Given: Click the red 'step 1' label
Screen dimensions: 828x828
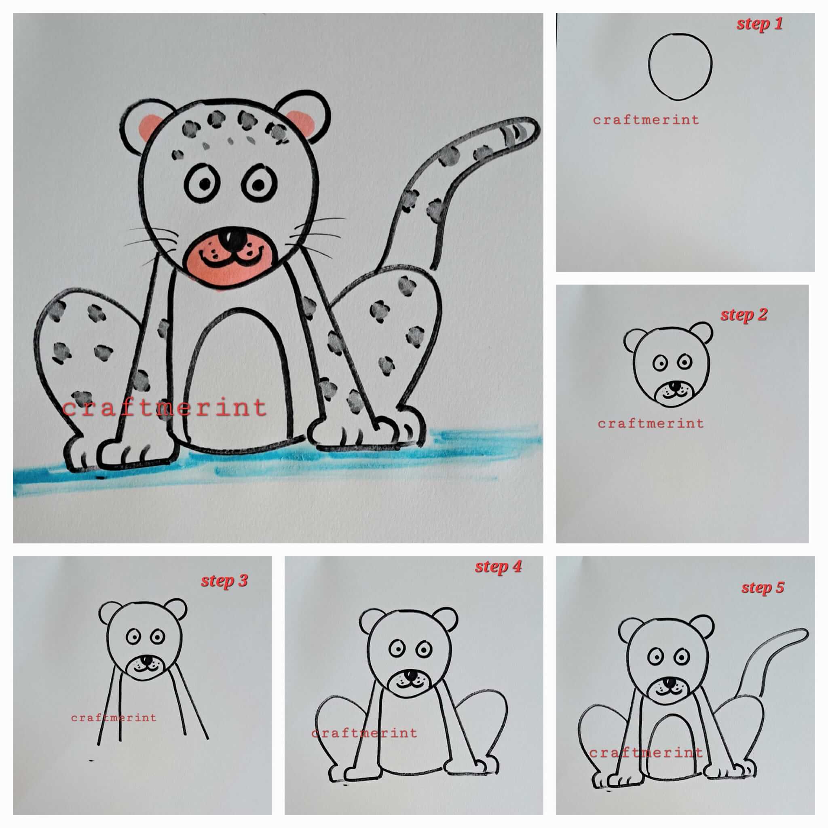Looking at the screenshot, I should click(x=759, y=24).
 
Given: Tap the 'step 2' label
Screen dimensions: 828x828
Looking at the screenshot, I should click(x=744, y=315).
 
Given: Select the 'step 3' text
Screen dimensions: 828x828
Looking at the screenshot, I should click(x=224, y=581).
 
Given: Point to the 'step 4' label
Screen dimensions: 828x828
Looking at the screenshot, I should click(x=498, y=567).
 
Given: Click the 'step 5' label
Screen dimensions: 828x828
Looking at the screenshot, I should click(x=763, y=587).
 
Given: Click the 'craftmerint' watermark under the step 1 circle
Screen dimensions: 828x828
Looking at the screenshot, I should click(x=646, y=120).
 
